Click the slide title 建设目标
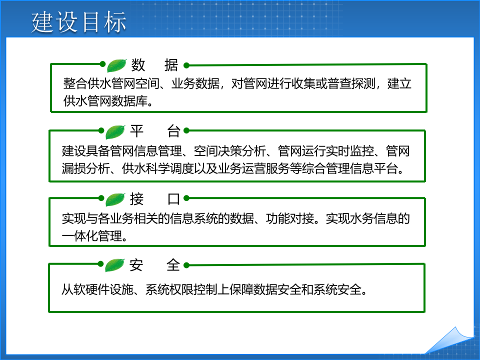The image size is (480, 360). tap(79, 22)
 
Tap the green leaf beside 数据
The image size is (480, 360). tap(116, 65)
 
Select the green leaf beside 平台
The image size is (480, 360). tap(115, 132)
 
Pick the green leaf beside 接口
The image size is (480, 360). tap(115, 199)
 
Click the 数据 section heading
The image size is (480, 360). tap(154, 65)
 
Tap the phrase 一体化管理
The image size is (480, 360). tap(92, 235)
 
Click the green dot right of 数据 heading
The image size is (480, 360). tap(186, 65)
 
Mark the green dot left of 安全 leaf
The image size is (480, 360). tap(101, 265)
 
